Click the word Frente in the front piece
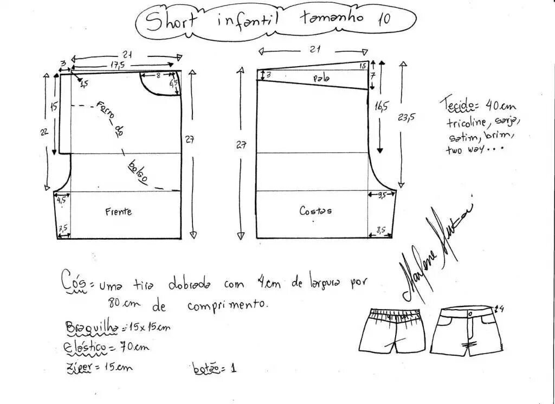tap(118, 211)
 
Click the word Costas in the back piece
tap(315, 210)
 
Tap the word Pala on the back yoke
tap(321, 79)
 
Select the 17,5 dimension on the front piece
tap(114, 65)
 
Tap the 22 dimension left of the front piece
tap(45, 131)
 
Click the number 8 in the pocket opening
tap(158, 76)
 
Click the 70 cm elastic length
tap(133, 346)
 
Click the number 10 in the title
tap(383, 18)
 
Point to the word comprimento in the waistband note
tap(228, 306)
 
